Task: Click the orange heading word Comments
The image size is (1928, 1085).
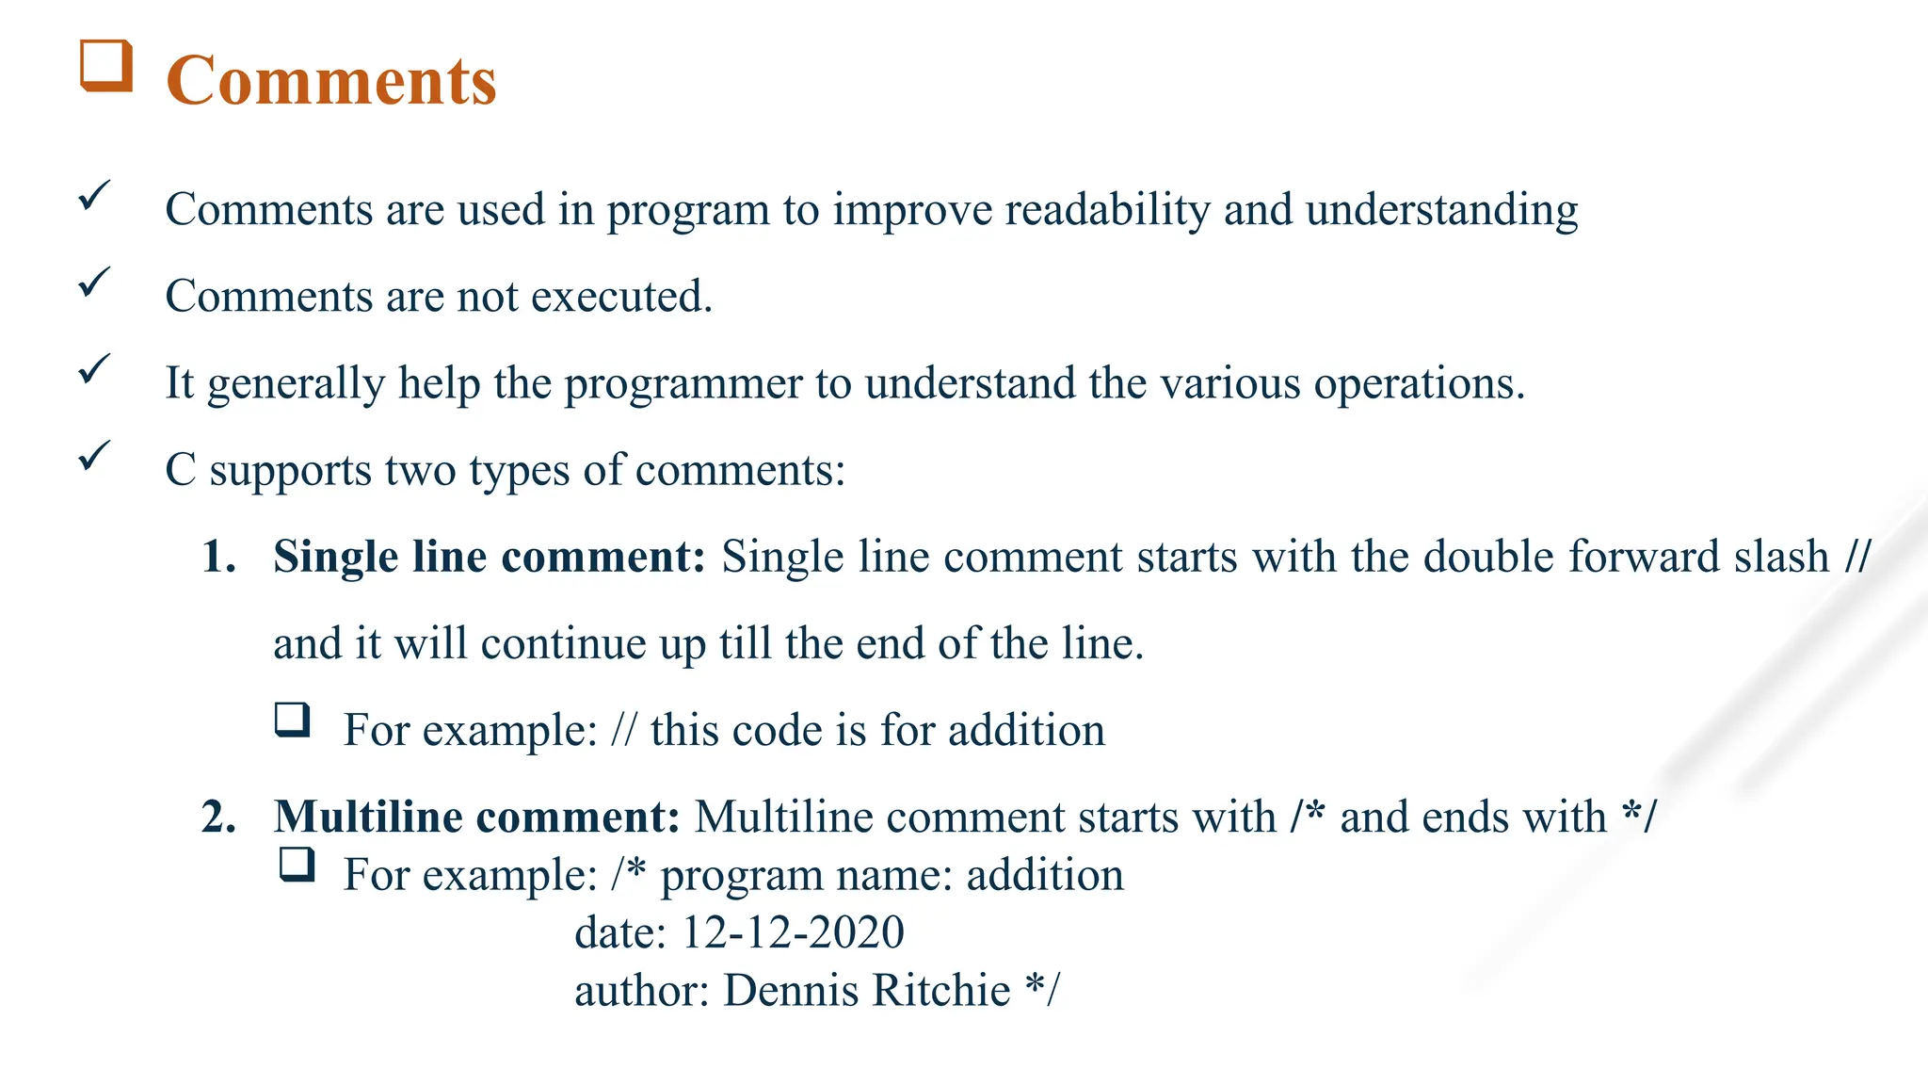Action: coord(330,81)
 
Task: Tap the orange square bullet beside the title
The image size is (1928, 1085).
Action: coord(105,66)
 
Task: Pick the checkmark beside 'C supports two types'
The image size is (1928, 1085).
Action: coord(94,456)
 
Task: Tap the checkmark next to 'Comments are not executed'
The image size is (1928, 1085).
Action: coord(94,282)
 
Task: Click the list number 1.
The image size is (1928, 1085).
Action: coord(218,557)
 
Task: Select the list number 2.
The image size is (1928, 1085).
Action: coord(218,817)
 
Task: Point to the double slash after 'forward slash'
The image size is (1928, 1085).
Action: coord(1857,557)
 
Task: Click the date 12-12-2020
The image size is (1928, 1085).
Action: coord(792,932)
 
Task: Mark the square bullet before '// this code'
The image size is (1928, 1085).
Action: coord(293,720)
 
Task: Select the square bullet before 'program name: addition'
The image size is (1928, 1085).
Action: coord(297,865)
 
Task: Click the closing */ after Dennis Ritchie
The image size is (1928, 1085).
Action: coord(1042,991)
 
